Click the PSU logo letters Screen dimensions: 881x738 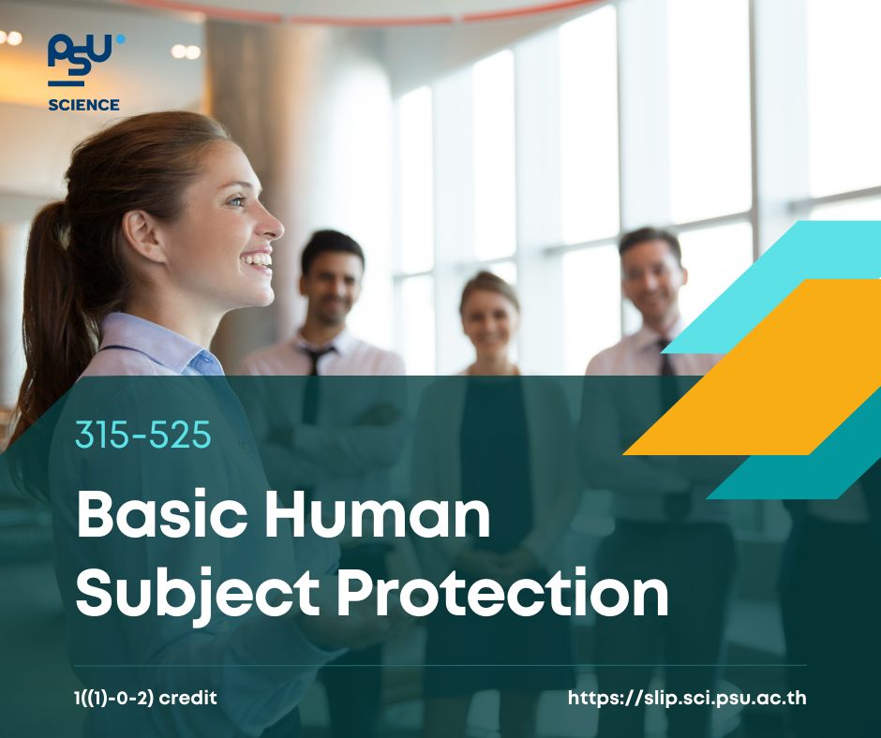pos(80,54)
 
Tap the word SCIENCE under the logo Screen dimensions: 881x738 pos(83,105)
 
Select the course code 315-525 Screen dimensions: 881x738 pos(143,435)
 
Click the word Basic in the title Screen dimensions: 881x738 pos(162,514)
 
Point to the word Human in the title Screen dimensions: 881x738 pos(378,514)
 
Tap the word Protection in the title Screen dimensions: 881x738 pos(502,593)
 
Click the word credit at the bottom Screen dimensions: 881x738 pos(187,698)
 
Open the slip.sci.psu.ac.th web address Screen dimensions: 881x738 pos(687,698)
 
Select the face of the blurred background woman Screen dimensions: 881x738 pos(489,320)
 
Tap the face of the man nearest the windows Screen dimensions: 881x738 pos(651,281)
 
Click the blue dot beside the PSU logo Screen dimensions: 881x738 pos(120,39)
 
